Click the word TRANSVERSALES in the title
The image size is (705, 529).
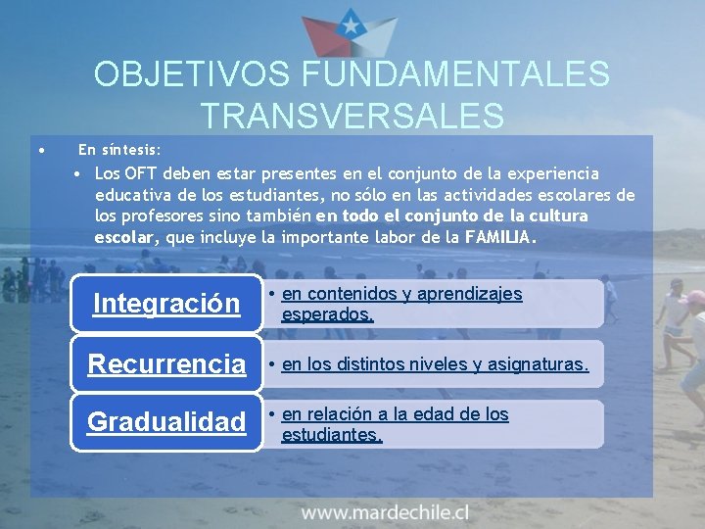pyautogui.click(x=352, y=116)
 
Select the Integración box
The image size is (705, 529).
pyautogui.click(x=166, y=304)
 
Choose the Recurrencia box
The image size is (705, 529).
pyautogui.click(x=166, y=364)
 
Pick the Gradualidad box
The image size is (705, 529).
pyautogui.click(x=166, y=422)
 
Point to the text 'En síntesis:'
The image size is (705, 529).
pyautogui.click(x=119, y=150)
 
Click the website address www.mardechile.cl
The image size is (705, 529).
pyautogui.click(x=385, y=511)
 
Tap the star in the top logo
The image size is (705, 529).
pyautogui.click(x=350, y=20)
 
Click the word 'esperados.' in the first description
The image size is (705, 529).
pyautogui.click(x=327, y=314)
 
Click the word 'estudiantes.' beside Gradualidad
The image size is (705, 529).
pyautogui.click(x=331, y=434)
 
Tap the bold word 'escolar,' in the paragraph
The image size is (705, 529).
pyautogui.click(x=125, y=237)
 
